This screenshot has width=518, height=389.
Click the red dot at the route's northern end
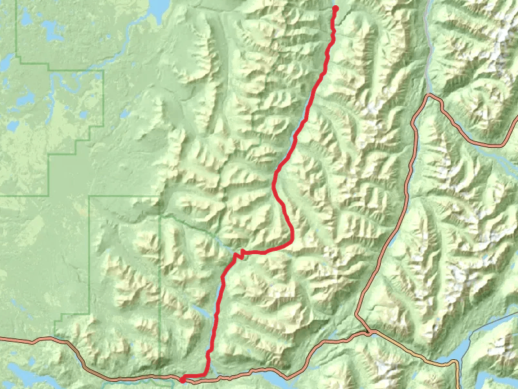(x=335, y=8)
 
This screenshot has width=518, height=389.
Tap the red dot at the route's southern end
(x=183, y=380)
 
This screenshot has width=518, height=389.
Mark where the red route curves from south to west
(x=291, y=241)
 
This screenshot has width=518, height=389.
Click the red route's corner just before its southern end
(x=207, y=374)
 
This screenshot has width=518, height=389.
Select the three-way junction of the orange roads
(x=370, y=333)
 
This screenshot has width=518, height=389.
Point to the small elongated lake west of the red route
(x=199, y=312)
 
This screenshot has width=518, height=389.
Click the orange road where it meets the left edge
(x=3, y=338)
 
